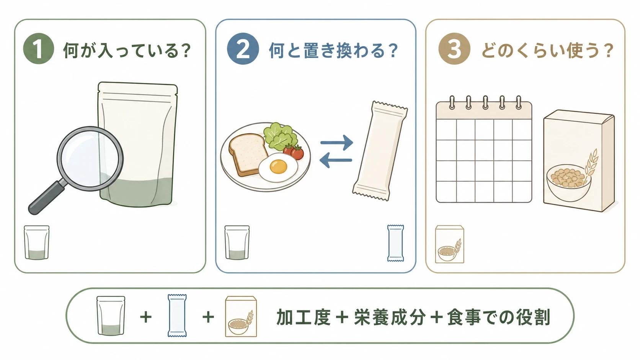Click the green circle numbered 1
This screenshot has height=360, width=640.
point(39,49)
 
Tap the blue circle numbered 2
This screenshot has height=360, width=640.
point(243,49)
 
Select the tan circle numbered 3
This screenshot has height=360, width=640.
point(454,49)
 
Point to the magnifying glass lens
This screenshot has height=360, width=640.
point(90,159)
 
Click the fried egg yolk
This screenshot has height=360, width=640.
point(278,166)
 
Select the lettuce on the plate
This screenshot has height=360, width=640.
point(279,137)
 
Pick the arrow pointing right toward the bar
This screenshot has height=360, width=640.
point(336,142)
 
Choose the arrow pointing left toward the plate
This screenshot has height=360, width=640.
point(336,160)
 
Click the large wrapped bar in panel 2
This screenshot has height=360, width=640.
point(380,151)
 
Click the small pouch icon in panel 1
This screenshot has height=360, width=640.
point(37,243)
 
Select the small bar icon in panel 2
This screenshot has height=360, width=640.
point(396,243)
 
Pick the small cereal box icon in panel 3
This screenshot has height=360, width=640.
point(449,244)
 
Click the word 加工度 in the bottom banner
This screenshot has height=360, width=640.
point(304,317)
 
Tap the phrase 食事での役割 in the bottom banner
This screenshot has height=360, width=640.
point(499,317)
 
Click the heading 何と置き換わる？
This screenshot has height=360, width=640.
point(333,50)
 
